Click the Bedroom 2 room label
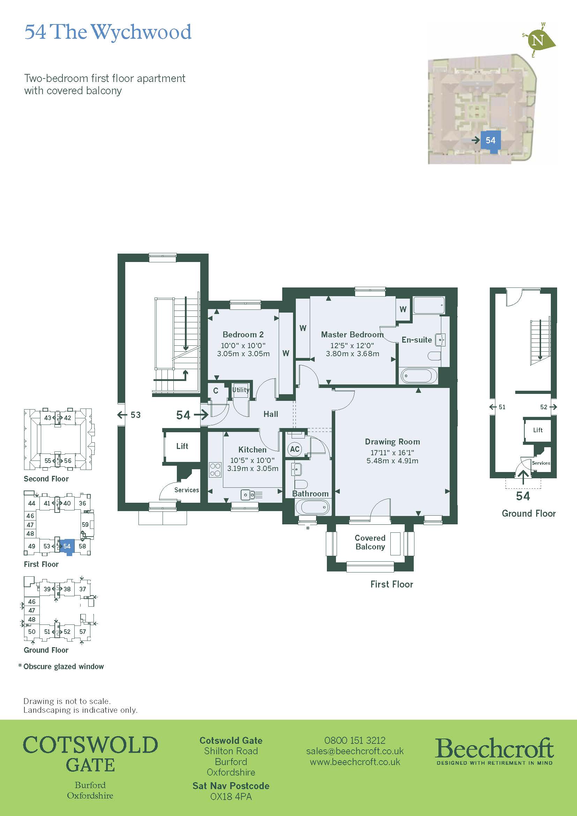(x=243, y=335)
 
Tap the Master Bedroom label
(x=352, y=335)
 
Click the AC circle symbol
(x=294, y=449)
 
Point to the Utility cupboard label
(x=241, y=390)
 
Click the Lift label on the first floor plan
(x=182, y=446)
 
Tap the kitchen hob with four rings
(x=215, y=469)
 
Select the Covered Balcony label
(x=370, y=542)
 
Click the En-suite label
(x=417, y=340)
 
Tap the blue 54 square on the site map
(x=490, y=140)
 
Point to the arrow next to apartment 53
(x=122, y=415)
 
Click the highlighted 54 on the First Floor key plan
(x=67, y=546)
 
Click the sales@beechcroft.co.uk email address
(x=354, y=751)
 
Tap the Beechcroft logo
(x=494, y=751)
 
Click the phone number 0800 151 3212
(x=354, y=740)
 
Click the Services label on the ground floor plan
(x=541, y=463)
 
